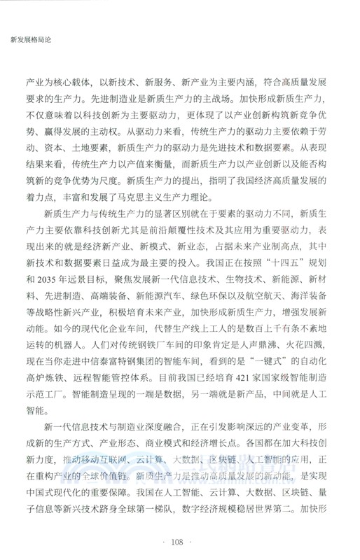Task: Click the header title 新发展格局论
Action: click(x=28, y=38)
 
